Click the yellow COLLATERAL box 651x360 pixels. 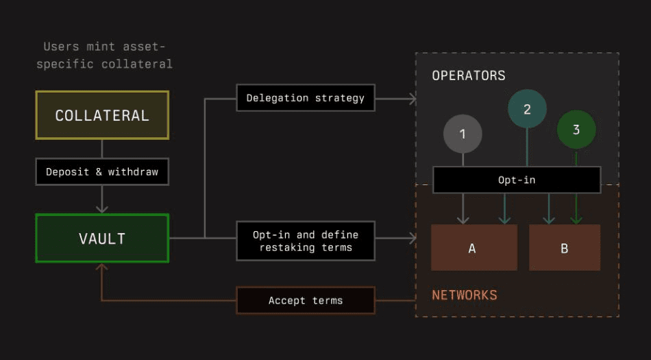pos(102,115)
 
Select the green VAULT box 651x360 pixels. pos(102,239)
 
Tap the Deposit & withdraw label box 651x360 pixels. pos(102,171)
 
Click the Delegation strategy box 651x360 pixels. pos(306,98)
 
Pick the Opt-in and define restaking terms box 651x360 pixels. pos(306,241)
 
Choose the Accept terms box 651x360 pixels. pos(306,300)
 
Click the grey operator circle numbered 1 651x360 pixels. pos(463,134)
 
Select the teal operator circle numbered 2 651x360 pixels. pos(527,109)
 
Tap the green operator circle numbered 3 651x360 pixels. pos(576,130)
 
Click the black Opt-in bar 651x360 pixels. pos(517,180)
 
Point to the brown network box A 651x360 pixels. pos(474,248)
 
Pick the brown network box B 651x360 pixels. pos(565,248)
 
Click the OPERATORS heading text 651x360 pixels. pos(469,75)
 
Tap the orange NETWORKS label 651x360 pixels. pos(465,296)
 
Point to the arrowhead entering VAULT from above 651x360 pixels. pos(102,208)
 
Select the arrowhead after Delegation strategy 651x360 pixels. pos(413,99)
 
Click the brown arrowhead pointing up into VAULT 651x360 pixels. pos(102,268)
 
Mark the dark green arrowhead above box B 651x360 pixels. pos(576,219)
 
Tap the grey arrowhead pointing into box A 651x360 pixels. pos(463,219)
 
